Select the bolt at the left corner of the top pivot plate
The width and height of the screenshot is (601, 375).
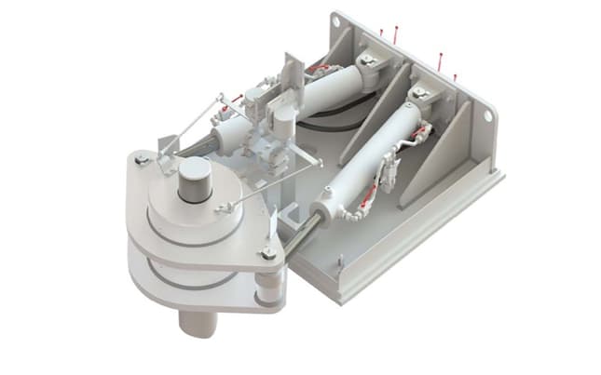(x=142, y=160)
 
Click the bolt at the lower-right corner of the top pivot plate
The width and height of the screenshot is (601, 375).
(x=268, y=252)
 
